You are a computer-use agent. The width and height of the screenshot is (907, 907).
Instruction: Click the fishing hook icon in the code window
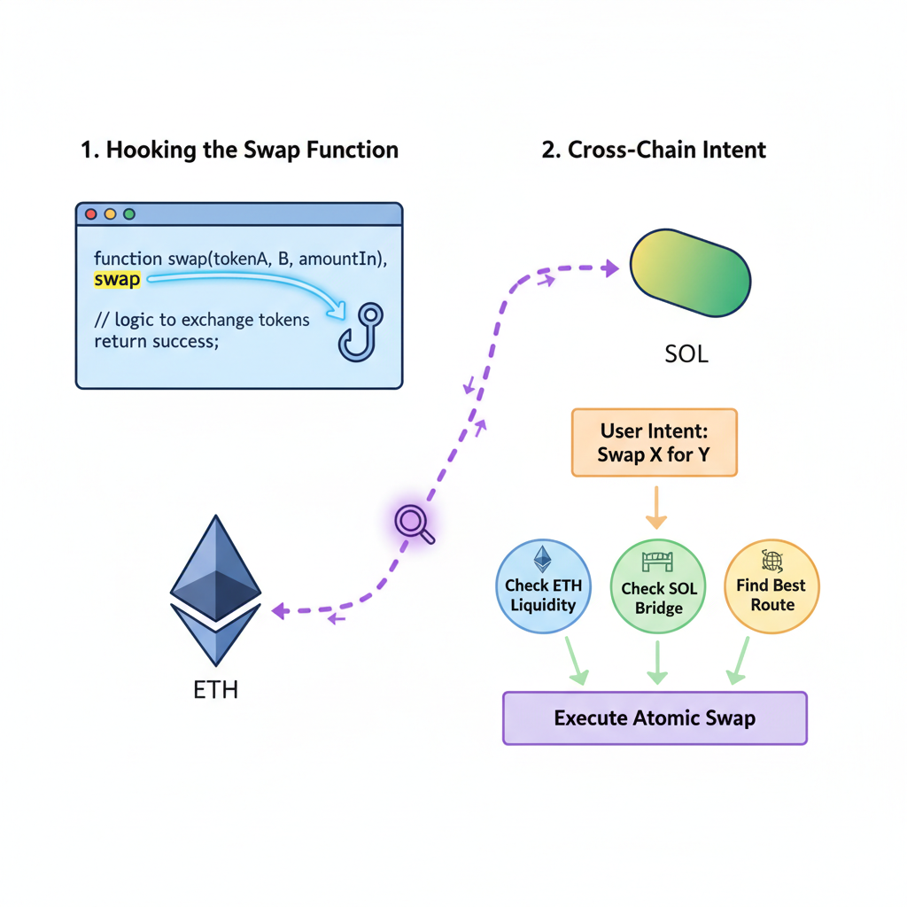coord(360,332)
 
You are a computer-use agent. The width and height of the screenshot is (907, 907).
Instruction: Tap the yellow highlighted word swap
coord(117,280)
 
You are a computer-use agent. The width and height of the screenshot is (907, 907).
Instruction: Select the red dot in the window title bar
coord(89,214)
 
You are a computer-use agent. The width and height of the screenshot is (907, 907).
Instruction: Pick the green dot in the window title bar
coord(129,214)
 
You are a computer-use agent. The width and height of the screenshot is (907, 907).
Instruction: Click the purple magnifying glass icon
coord(413,523)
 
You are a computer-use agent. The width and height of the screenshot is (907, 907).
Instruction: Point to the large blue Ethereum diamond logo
coord(215,589)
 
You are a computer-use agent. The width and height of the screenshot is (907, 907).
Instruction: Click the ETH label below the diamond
coord(215,689)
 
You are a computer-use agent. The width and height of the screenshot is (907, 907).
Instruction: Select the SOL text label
coord(686,355)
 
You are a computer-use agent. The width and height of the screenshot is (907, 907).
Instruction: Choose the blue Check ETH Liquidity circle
coord(541,586)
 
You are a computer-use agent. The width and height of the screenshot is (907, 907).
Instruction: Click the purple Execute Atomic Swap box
coord(655,717)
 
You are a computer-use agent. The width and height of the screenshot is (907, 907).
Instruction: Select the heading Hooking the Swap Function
coord(239,150)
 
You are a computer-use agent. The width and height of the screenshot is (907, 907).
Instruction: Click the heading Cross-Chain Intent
coord(653,150)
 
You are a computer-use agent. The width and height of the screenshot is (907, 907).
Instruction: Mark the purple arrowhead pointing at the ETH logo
coord(278,610)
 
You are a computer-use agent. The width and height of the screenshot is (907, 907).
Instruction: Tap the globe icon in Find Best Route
coord(771,561)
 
